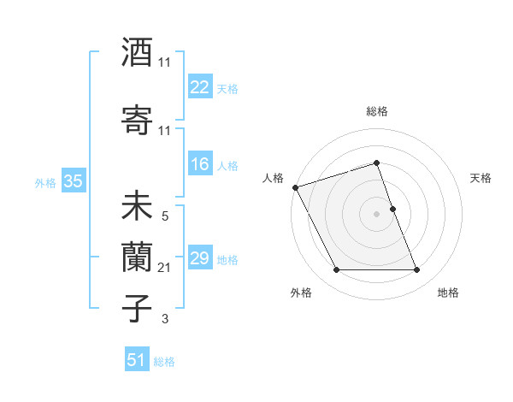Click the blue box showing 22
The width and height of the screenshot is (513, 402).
tap(200, 87)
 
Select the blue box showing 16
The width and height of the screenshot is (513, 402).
tap(200, 165)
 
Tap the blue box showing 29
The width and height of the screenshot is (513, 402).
tap(200, 258)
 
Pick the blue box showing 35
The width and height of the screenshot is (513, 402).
tap(74, 181)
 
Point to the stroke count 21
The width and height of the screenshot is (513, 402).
tap(165, 269)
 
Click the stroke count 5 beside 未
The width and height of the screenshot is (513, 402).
tap(165, 217)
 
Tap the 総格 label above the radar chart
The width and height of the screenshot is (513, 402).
tap(377, 111)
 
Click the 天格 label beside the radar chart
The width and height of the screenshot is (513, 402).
tap(481, 178)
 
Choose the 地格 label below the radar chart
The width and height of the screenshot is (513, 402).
tap(448, 293)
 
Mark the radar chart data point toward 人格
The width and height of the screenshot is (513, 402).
tap(296, 187)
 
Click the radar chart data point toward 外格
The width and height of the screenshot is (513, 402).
tap(336, 270)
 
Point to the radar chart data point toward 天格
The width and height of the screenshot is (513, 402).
tap(392, 208)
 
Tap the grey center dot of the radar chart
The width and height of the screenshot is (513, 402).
tap(377, 213)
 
